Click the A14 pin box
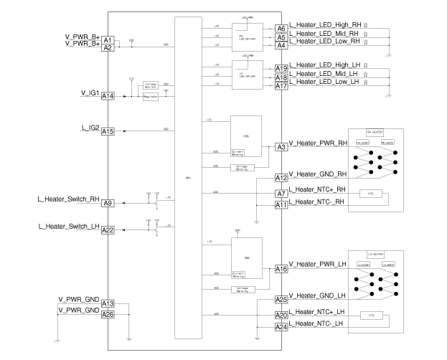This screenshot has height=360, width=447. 108,95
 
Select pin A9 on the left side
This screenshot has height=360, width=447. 108,203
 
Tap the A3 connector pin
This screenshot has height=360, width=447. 281,147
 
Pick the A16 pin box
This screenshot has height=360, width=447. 281,269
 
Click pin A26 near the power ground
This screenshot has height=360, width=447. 108,314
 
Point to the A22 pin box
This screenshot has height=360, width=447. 108,229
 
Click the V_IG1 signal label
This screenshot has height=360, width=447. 90,93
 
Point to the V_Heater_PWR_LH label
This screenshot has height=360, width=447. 319,265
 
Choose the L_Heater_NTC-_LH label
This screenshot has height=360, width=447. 319,325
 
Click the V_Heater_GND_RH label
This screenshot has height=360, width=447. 319,174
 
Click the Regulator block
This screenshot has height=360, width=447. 151,97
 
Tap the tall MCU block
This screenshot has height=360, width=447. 188,177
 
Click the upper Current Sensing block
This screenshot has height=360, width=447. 239,152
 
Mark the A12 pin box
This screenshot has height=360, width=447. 281,177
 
